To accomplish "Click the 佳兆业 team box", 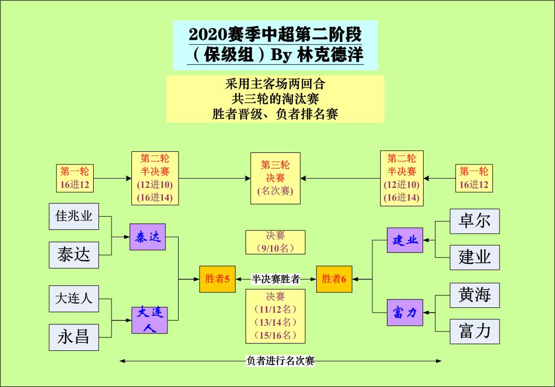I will pyautogui.click(x=74, y=216).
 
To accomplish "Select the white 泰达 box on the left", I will pyautogui.click(x=74, y=255).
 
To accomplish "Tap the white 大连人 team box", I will pyautogui.click(x=74, y=298).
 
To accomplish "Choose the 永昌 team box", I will pyautogui.click(x=74, y=337).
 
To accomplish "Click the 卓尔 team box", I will pyautogui.click(x=474, y=221).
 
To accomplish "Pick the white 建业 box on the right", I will pyautogui.click(x=474, y=257).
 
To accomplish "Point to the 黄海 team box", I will pyautogui.click(x=474, y=295).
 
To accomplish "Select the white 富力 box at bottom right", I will pyautogui.click(x=474, y=331).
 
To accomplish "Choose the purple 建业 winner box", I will pyautogui.click(x=405, y=240).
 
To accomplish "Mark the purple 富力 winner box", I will pyautogui.click(x=405, y=313).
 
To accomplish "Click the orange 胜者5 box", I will pyautogui.click(x=217, y=279).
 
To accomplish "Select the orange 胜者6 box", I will pyautogui.click(x=334, y=279).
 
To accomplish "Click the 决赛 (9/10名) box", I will pyautogui.click(x=275, y=242).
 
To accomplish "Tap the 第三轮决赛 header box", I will pyautogui.click(x=275, y=178).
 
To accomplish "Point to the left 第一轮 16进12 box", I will pyautogui.click(x=75, y=178).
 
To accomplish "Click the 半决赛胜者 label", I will pyautogui.click(x=275, y=279).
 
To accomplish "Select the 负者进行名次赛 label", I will pyautogui.click(x=280, y=360).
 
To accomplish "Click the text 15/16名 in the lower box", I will pyautogui.click(x=275, y=335).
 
